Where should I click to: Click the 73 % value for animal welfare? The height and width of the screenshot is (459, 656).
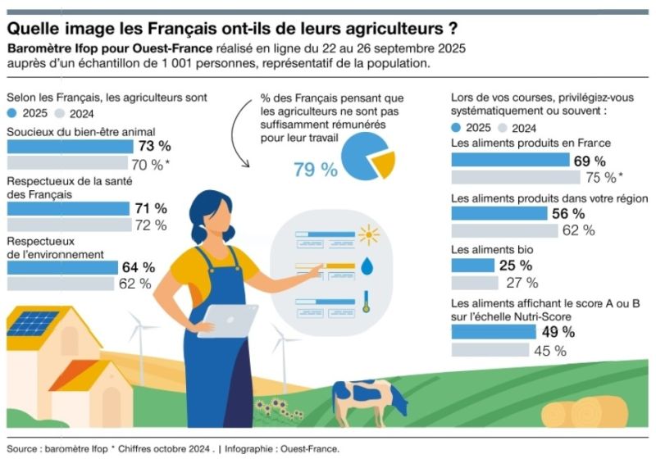(154, 147)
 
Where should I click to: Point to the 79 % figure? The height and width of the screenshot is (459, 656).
(316, 169)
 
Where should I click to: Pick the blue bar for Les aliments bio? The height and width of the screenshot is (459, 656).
(473, 266)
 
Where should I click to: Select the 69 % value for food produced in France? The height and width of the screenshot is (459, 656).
(589, 161)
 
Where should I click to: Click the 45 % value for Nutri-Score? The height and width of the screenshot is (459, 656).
(550, 351)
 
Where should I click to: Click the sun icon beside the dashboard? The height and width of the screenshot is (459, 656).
(369, 237)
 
